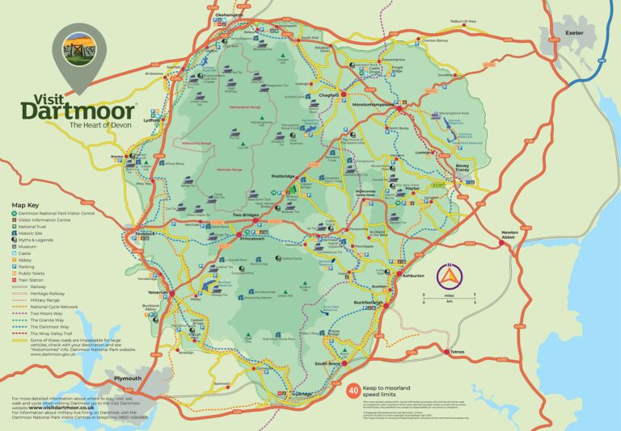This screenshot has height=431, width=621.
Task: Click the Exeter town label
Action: pyautogui.click(x=575, y=33)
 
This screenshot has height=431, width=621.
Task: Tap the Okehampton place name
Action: pyautogui.click(x=230, y=15)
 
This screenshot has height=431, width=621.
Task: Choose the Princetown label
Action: pyautogui.click(x=259, y=239)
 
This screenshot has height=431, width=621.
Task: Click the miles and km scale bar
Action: pyautogui.click(x=450, y=299)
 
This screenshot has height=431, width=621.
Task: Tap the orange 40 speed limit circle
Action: pyautogui.click(x=353, y=390)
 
